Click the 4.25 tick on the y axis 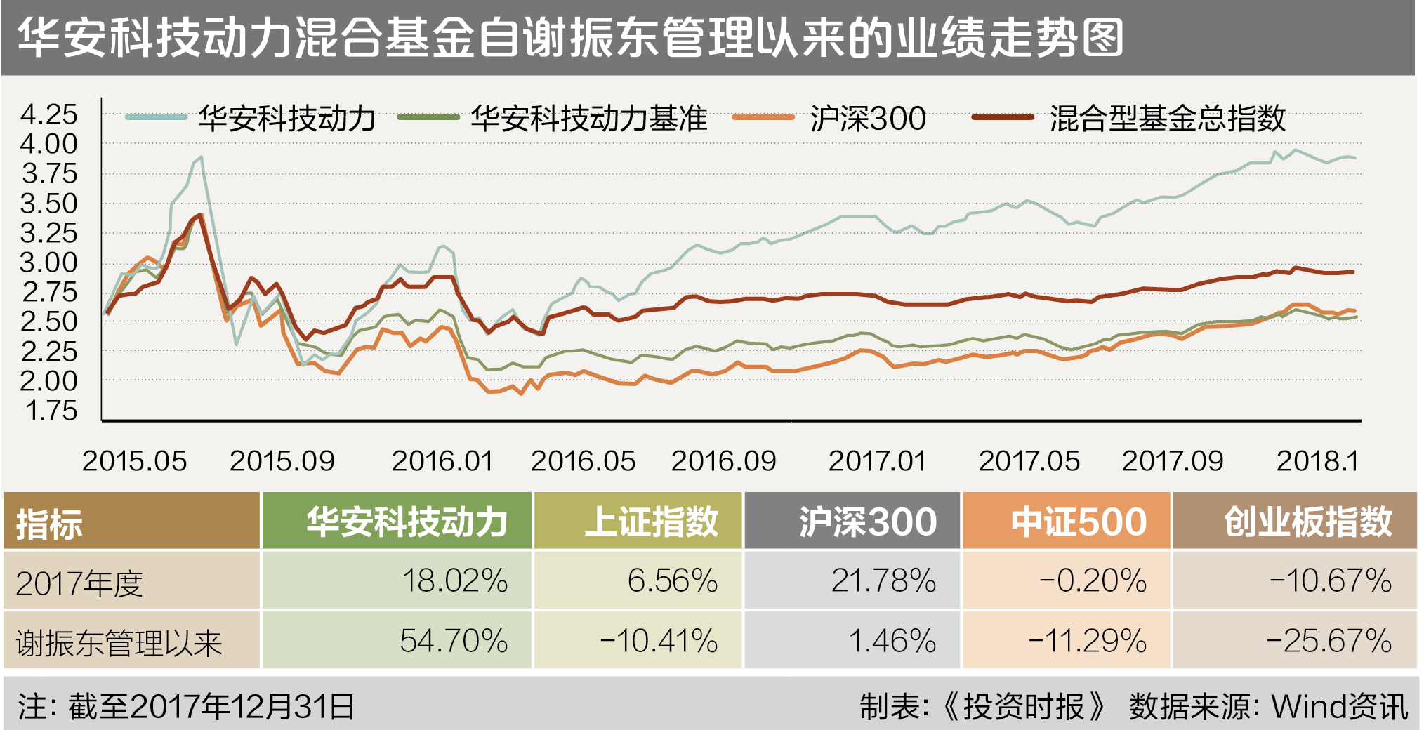(48, 114)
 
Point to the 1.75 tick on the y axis (50, 411)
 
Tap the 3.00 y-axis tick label (48, 263)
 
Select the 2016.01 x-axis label (442, 461)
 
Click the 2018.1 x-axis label (1317, 461)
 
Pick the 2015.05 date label (134, 461)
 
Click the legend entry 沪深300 (867, 118)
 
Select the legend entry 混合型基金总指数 (1167, 118)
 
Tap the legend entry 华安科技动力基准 (588, 118)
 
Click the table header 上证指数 (650, 522)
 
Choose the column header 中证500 (1078, 522)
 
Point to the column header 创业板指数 (1307, 522)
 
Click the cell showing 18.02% (454, 581)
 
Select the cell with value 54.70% (454, 641)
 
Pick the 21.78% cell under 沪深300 (883, 581)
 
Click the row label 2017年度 (79, 583)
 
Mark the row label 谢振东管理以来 (119, 642)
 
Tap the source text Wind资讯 (1339, 706)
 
